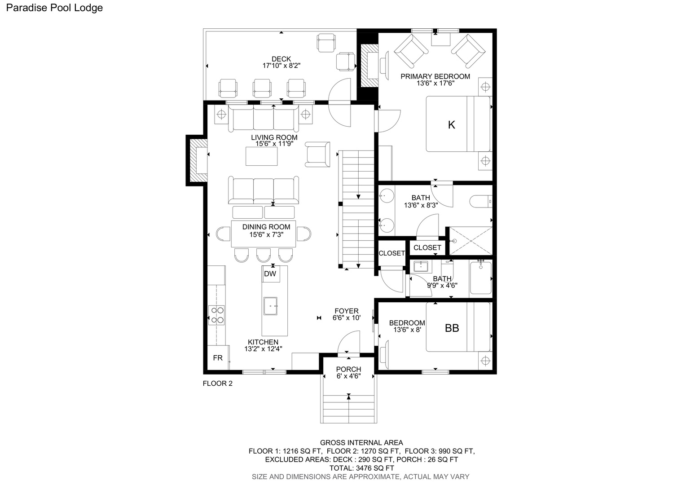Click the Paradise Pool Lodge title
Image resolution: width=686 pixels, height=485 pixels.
click(x=54, y=8)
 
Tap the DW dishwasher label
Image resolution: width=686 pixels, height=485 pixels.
click(x=270, y=273)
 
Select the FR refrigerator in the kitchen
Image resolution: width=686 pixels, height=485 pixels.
click(x=218, y=357)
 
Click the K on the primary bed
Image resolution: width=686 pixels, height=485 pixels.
click(x=451, y=125)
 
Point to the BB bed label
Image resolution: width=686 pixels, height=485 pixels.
click(x=452, y=328)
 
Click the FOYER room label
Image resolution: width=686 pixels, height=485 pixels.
click(x=347, y=311)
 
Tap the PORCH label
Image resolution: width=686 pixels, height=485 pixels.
click(x=348, y=369)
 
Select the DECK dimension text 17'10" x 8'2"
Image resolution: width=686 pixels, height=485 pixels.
click(x=281, y=66)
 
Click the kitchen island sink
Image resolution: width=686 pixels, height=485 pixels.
click(x=270, y=306)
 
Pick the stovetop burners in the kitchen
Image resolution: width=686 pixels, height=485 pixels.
click(x=216, y=315)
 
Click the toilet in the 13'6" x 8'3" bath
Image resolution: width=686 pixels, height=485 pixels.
click(x=481, y=201)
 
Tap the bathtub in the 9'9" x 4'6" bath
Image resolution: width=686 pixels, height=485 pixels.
click(x=481, y=278)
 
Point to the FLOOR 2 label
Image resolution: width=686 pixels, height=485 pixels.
click(x=217, y=383)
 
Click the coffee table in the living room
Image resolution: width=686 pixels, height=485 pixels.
click(x=262, y=156)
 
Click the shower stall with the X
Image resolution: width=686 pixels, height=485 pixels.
click(x=471, y=241)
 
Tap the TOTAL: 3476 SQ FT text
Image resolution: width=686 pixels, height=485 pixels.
click(x=362, y=468)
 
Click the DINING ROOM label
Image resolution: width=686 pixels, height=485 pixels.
click(x=266, y=227)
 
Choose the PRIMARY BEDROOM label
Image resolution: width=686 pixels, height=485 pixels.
click(x=435, y=76)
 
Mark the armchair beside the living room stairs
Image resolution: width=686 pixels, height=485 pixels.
click(x=317, y=154)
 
